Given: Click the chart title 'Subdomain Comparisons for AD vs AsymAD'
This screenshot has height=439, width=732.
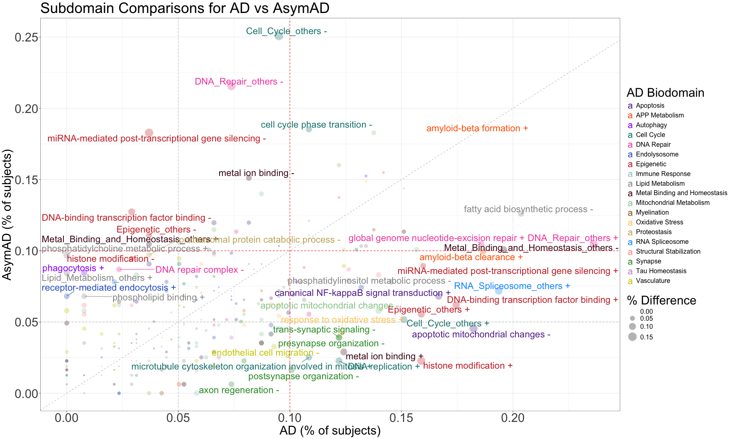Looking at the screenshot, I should click(x=185, y=8).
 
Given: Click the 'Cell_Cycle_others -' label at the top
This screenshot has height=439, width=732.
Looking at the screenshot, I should click(x=286, y=31).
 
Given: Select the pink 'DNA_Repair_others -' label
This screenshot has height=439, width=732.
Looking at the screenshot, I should click(x=239, y=82).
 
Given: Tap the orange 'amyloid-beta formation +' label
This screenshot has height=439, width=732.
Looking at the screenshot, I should click(x=477, y=128).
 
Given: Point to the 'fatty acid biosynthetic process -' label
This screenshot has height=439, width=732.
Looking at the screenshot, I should click(x=528, y=209).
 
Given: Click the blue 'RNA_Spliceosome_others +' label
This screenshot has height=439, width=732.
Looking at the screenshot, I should click(x=512, y=286).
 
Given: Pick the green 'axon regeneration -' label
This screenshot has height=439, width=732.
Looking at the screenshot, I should click(x=239, y=390).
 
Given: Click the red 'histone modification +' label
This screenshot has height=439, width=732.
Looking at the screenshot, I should click(x=468, y=366).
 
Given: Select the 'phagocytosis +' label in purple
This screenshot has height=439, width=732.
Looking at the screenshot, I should click(x=73, y=268).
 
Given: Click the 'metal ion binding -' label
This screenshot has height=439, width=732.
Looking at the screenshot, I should click(x=256, y=173).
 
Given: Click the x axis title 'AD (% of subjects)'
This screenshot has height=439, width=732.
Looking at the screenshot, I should click(x=330, y=431).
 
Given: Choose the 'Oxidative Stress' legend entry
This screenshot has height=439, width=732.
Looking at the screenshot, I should click(x=659, y=222).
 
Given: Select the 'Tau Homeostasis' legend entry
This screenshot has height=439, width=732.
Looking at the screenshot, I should click(x=661, y=271).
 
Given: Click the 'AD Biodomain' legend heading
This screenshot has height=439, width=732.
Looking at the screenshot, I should click(x=665, y=93).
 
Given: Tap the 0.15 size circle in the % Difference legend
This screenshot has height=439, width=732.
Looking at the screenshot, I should click(x=632, y=337).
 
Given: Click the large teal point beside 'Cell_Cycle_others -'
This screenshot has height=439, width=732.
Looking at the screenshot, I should click(x=279, y=36).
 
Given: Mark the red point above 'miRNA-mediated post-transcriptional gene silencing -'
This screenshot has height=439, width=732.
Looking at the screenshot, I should click(x=149, y=133).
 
